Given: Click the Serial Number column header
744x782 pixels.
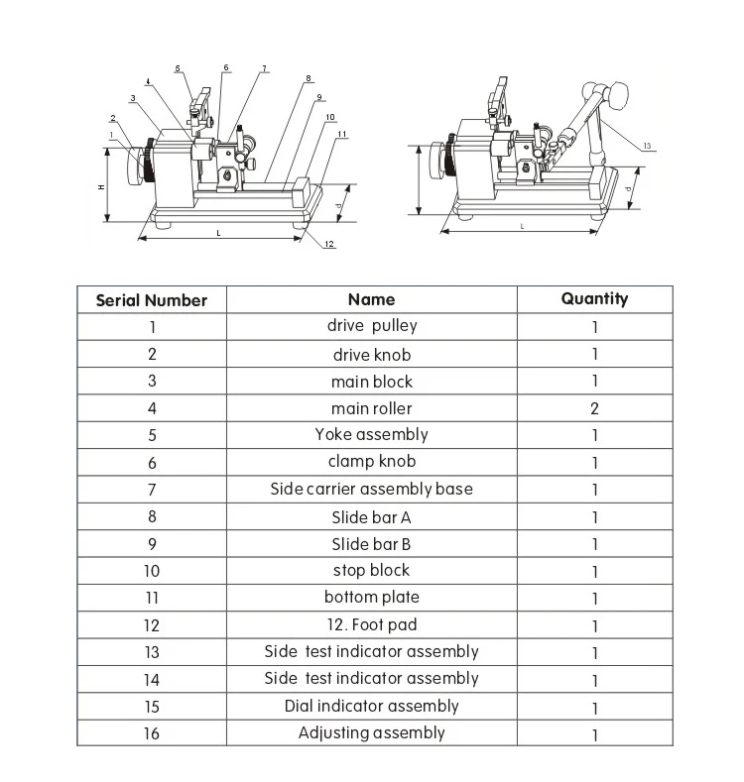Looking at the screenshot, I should (x=152, y=300).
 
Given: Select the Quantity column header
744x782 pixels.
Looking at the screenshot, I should (x=594, y=298).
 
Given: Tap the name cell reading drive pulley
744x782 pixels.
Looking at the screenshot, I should (x=372, y=326).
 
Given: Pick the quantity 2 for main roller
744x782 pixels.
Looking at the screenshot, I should (x=594, y=408).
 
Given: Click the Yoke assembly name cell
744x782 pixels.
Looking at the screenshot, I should (x=372, y=435).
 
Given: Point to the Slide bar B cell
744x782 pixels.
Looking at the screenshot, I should (x=372, y=544).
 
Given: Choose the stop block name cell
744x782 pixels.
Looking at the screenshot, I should (x=372, y=571).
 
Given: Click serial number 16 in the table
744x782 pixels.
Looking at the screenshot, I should (x=152, y=734).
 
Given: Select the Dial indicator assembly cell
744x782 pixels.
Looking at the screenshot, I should (x=372, y=707).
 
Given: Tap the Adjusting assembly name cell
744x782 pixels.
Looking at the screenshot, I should (x=372, y=733).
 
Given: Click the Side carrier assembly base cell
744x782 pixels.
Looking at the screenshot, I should (x=372, y=489).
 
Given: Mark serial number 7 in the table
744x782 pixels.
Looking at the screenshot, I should (x=152, y=490).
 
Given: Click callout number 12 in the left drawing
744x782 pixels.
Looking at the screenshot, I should (x=329, y=244).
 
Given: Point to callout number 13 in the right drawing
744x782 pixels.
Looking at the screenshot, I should (x=647, y=147).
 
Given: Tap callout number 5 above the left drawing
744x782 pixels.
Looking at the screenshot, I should (x=178, y=68).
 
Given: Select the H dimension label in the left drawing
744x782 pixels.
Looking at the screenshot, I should (x=100, y=186).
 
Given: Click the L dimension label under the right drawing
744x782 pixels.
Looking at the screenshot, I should (x=522, y=227).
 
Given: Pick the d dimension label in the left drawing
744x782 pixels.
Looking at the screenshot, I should (x=339, y=207).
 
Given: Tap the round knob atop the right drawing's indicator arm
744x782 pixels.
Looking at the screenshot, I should (x=622, y=96).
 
